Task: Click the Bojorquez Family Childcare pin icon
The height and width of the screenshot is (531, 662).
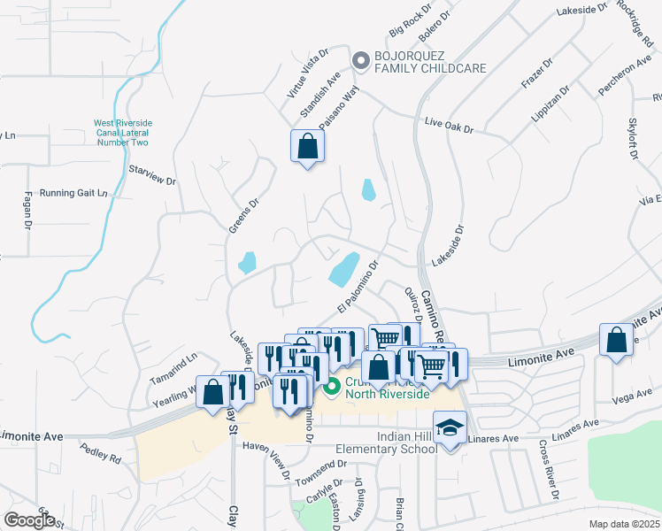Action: [x=360, y=60]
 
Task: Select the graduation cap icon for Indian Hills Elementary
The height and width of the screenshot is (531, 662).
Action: [x=450, y=428]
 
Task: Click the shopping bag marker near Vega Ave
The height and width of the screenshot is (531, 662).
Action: [x=616, y=341]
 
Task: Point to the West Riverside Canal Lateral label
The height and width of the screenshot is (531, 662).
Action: [x=122, y=133]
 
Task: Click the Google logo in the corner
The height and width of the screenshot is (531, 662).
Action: [x=29, y=520]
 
